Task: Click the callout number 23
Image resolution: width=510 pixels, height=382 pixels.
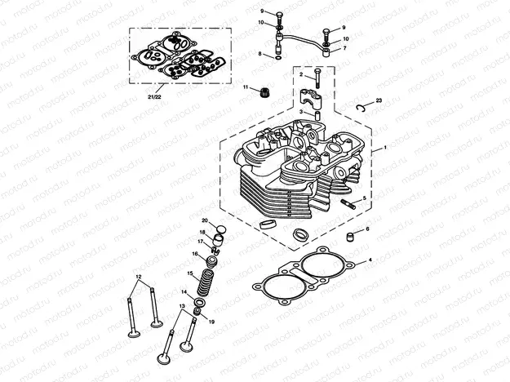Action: [x=378, y=100]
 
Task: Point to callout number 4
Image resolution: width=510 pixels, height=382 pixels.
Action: [x=370, y=261]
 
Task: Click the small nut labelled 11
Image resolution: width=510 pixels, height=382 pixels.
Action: [x=264, y=92]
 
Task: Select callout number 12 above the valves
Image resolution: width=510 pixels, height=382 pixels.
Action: [x=140, y=278]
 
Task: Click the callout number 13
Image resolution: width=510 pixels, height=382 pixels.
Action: [x=183, y=305]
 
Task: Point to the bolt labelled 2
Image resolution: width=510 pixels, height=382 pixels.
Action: [x=316, y=80]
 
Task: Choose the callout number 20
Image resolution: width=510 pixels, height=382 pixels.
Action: [x=205, y=220]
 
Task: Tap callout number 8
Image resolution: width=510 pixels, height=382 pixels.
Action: [x=259, y=55]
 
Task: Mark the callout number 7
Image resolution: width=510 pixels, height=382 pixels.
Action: [x=345, y=48]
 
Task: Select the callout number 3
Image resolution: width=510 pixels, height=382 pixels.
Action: [x=300, y=112]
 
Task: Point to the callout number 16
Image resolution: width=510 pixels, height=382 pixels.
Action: [x=194, y=255]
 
